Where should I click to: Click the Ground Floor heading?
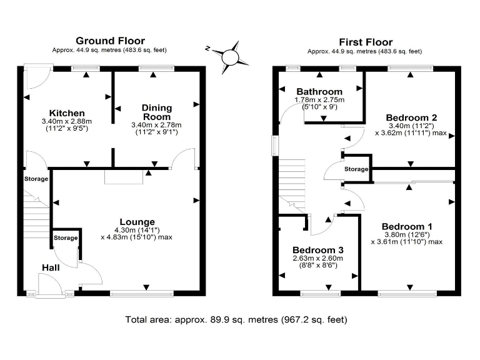(x=110, y=41)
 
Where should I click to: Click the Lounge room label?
(x=137, y=222)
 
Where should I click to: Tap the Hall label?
(x=51, y=268)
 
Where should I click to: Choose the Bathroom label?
(x=319, y=91)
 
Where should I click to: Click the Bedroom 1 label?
(x=407, y=226)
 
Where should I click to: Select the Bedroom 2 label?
(x=411, y=117)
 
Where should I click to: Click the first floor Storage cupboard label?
(x=356, y=169)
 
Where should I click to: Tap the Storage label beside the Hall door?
(x=66, y=238)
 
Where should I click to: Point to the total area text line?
(x=236, y=319)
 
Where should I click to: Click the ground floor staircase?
(x=37, y=216)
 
